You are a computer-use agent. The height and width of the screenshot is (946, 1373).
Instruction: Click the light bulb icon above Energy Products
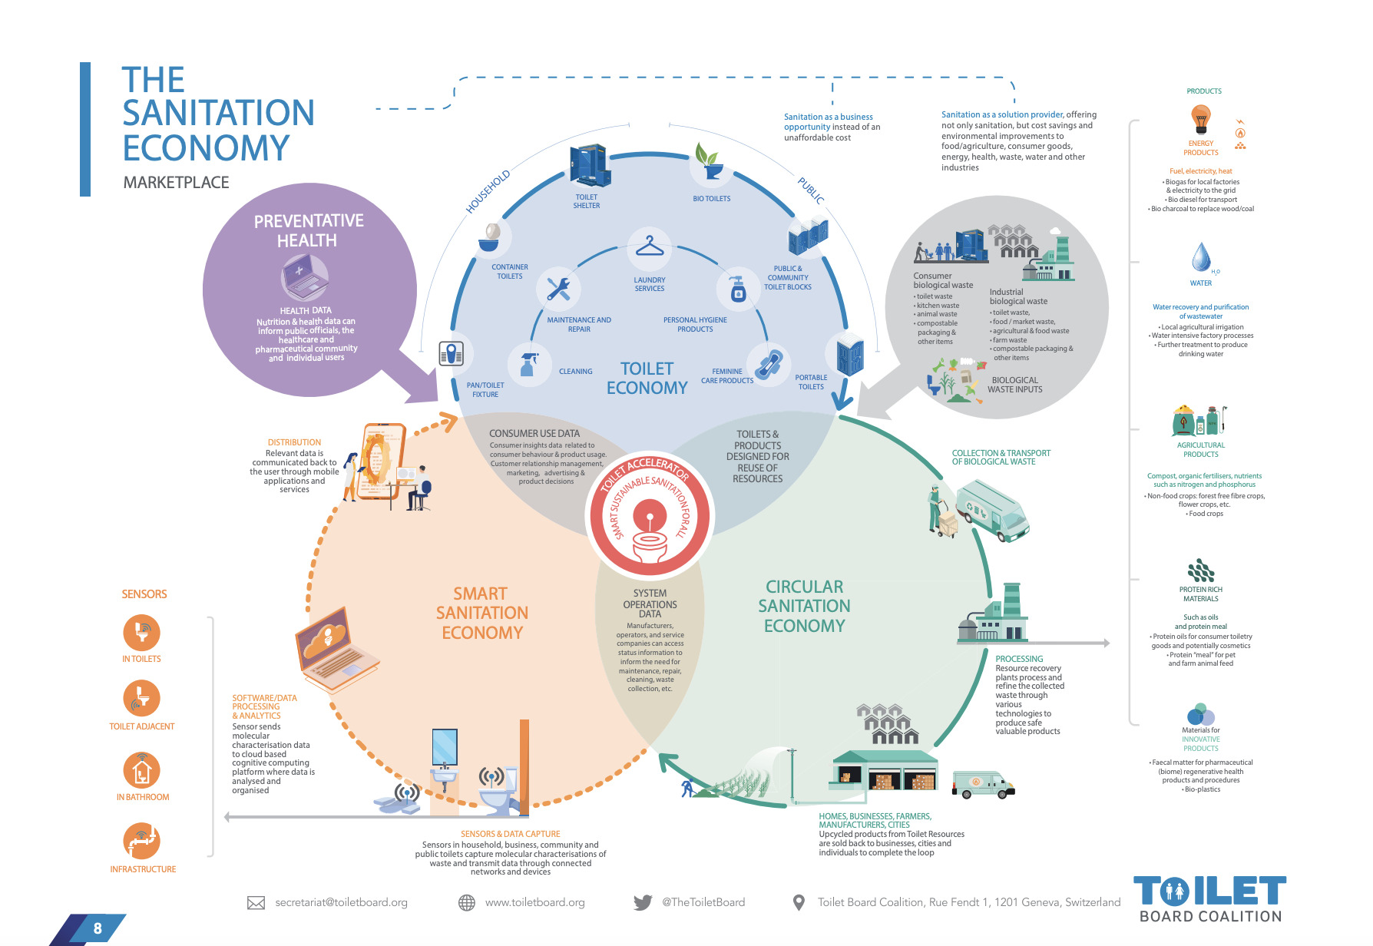click(1200, 119)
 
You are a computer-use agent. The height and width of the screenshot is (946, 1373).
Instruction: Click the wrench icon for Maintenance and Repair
click(558, 289)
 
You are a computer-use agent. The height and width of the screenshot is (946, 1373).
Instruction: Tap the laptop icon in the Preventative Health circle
click(304, 277)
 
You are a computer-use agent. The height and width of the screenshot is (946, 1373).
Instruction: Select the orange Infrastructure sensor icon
click(142, 841)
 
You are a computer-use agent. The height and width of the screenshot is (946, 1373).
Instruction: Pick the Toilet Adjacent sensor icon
click(142, 698)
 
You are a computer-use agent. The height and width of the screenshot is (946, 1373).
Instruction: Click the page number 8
click(98, 928)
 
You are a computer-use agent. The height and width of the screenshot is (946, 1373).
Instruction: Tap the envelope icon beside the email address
click(256, 903)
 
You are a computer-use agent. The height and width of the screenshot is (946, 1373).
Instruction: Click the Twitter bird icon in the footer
click(643, 903)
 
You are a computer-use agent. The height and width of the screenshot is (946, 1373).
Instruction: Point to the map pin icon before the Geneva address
click(799, 903)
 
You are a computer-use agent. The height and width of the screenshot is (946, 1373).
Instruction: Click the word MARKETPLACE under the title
click(177, 183)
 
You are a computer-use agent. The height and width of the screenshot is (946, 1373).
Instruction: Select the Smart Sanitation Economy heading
click(481, 613)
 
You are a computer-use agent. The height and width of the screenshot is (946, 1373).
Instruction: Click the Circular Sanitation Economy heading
click(804, 606)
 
